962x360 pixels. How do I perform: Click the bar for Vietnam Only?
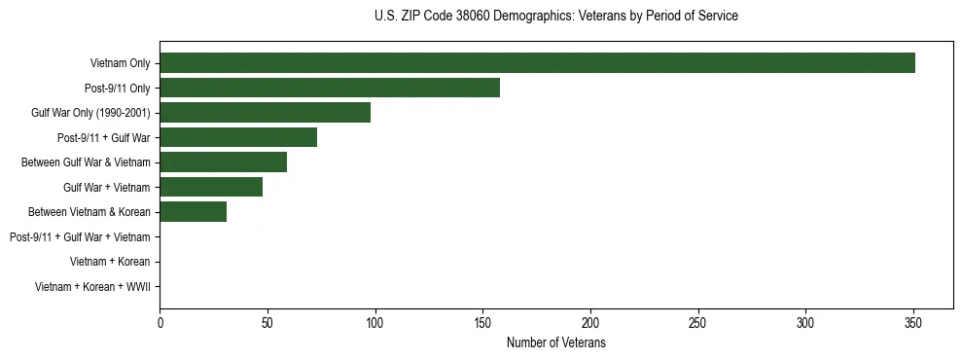click(537, 63)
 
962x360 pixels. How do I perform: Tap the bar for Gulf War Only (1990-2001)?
click(265, 113)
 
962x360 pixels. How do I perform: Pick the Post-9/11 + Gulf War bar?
click(238, 137)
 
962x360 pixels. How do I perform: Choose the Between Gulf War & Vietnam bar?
click(223, 162)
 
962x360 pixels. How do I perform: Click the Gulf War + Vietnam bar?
click(211, 187)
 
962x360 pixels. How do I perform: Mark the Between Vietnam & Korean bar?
click(193, 211)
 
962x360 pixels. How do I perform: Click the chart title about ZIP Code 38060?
click(555, 17)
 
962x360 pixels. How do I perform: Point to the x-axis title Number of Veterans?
click(555, 343)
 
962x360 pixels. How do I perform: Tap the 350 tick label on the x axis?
click(912, 323)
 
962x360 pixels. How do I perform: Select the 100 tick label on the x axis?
click(375, 323)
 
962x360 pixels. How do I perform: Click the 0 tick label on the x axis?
click(160, 323)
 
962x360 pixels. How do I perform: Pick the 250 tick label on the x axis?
click(697, 323)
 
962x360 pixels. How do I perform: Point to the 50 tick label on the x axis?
click(267, 323)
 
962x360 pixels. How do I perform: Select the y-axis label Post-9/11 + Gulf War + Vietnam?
click(79, 236)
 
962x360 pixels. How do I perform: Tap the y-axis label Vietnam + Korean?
click(110, 261)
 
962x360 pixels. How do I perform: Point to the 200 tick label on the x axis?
click(590, 323)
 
